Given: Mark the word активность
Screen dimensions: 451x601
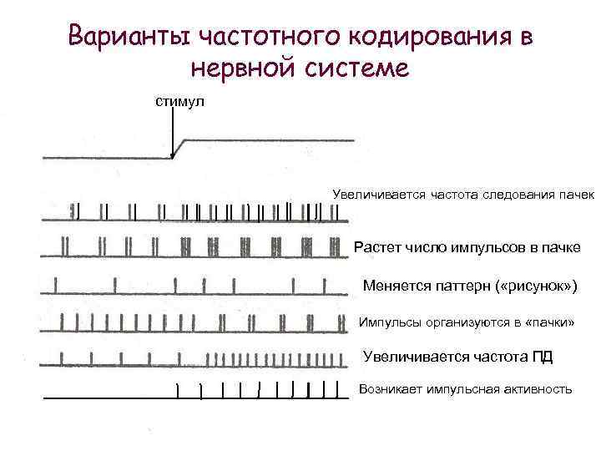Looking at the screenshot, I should coord(537,390).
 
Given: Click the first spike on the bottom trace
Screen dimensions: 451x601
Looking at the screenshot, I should coord(177,391).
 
